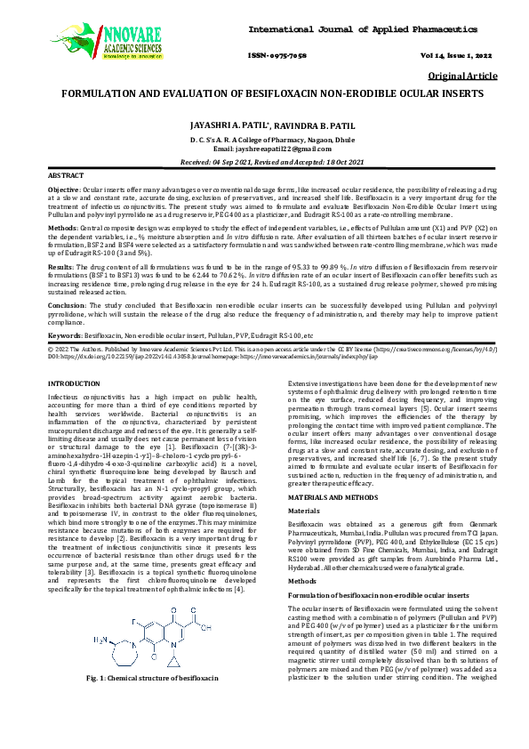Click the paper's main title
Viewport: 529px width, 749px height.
pos(264,93)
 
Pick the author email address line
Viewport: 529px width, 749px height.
pos(264,150)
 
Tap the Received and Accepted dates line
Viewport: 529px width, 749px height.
pos(264,163)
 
